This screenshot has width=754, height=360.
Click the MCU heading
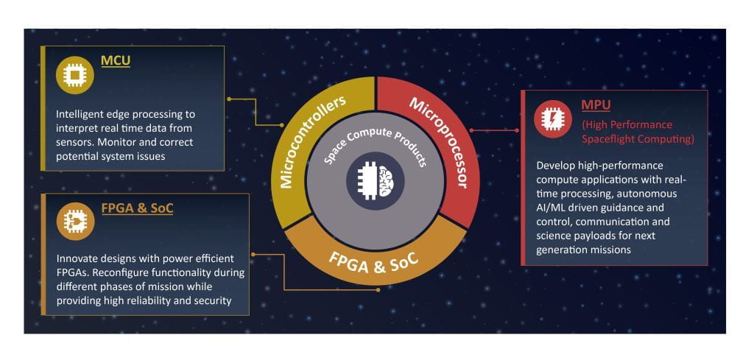click(115, 60)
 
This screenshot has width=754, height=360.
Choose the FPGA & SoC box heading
click(137, 208)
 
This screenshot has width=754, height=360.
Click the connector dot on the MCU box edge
click(229, 98)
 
